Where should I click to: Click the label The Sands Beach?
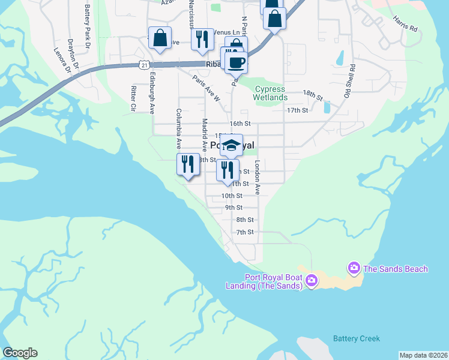click(396, 269)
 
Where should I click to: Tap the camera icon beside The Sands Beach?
click(354, 267)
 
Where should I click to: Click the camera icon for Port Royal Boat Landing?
click(312, 280)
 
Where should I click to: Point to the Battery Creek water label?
click(357, 339)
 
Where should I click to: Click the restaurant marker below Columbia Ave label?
click(188, 164)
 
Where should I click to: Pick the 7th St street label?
click(245, 232)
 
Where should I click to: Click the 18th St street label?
click(313, 95)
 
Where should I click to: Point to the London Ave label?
click(257, 177)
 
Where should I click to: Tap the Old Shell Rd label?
click(349, 81)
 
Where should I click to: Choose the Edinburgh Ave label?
click(152, 93)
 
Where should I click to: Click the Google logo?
click(20, 353)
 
